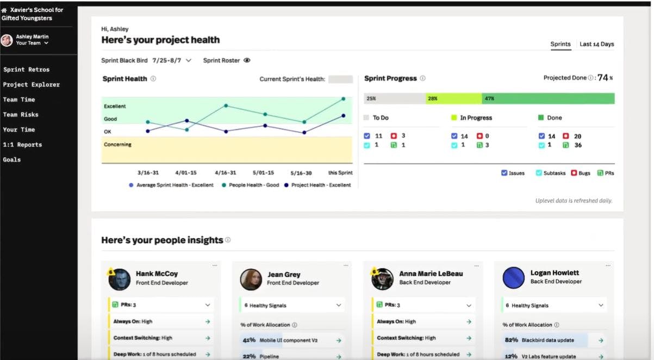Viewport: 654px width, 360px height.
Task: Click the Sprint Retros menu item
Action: coord(26,70)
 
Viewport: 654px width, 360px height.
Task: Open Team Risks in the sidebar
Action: coord(21,115)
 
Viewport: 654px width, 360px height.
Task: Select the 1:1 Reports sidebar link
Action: coord(22,145)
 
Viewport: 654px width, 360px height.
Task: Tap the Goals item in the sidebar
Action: coord(12,160)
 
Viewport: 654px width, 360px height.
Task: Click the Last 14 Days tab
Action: coord(596,44)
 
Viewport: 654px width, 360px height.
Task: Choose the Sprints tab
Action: coord(560,44)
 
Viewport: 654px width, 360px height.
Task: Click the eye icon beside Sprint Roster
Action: coord(247,61)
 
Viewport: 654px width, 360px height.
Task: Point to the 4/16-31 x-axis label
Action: coord(225,173)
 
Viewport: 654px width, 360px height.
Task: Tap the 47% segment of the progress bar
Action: coord(548,98)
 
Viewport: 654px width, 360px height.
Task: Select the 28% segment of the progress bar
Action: coord(453,98)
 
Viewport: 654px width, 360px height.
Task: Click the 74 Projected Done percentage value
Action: coord(602,78)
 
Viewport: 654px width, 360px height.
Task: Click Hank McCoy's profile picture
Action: coord(119,279)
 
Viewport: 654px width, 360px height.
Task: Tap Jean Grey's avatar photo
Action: coord(251,279)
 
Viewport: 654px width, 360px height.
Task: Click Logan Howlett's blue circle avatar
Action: coord(514,277)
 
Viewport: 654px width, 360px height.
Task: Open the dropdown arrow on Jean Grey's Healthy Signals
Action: coord(339,306)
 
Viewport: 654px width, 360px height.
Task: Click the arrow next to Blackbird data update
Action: coord(601,340)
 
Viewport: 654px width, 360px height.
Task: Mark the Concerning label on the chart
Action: coord(118,145)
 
